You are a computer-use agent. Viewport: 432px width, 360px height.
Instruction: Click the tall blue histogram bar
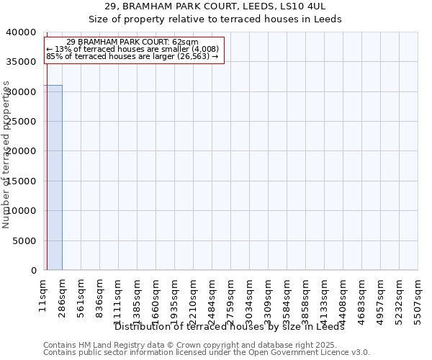point(53,177)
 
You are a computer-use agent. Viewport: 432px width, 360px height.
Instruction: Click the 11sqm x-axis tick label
point(43,294)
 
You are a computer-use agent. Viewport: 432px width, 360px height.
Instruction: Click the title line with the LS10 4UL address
point(215,6)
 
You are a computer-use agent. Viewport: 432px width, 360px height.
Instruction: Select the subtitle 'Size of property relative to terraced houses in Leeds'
point(215,19)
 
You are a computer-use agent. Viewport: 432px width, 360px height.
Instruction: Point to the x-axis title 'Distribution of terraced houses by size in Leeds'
point(230,326)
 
